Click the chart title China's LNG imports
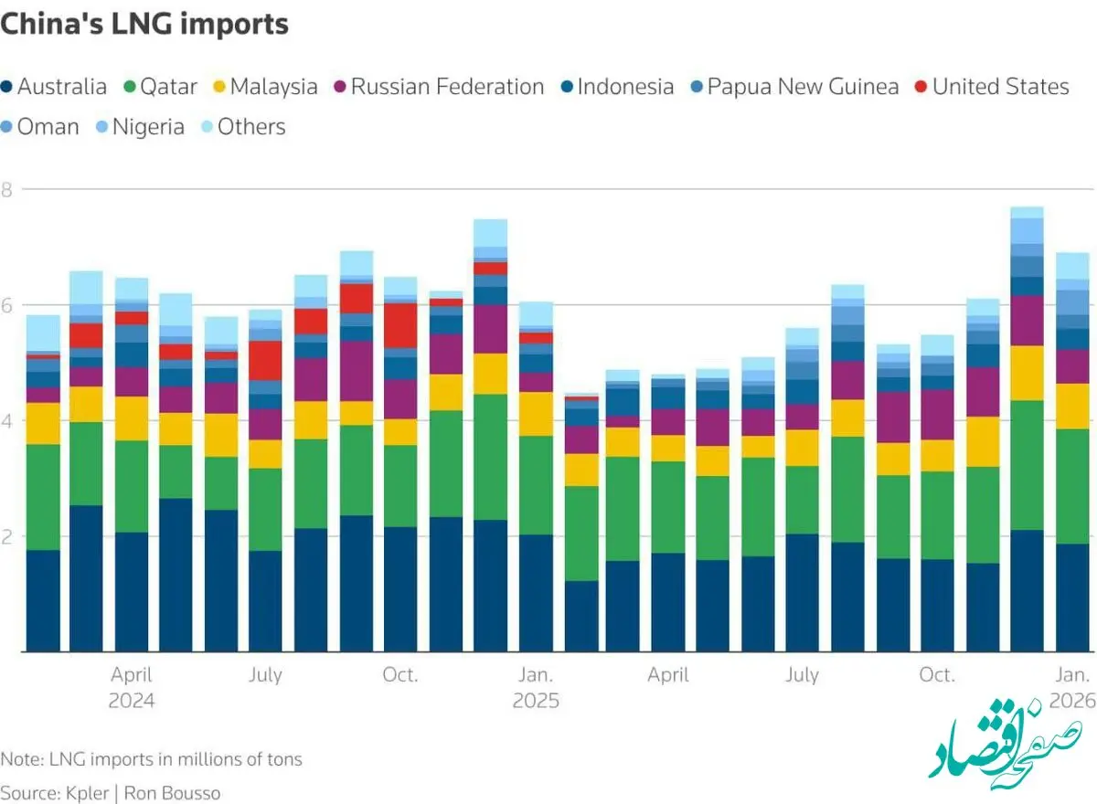(x=144, y=24)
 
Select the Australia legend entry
(x=54, y=87)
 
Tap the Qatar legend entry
(x=161, y=87)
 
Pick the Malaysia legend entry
(x=265, y=87)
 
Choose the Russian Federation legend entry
(x=439, y=87)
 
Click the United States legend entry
(x=992, y=87)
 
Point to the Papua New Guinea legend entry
(x=794, y=87)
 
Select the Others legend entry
(x=243, y=127)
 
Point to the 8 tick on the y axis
(x=6, y=190)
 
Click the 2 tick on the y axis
(x=6, y=537)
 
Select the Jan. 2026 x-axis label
(x=1072, y=688)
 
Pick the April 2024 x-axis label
(x=132, y=688)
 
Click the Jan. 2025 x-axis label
(x=536, y=688)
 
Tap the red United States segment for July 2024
(x=265, y=361)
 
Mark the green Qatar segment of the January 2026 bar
(x=1072, y=486)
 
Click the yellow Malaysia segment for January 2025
(x=537, y=414)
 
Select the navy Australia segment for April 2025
(x=668, y=602)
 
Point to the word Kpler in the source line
(x=87, y=793)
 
